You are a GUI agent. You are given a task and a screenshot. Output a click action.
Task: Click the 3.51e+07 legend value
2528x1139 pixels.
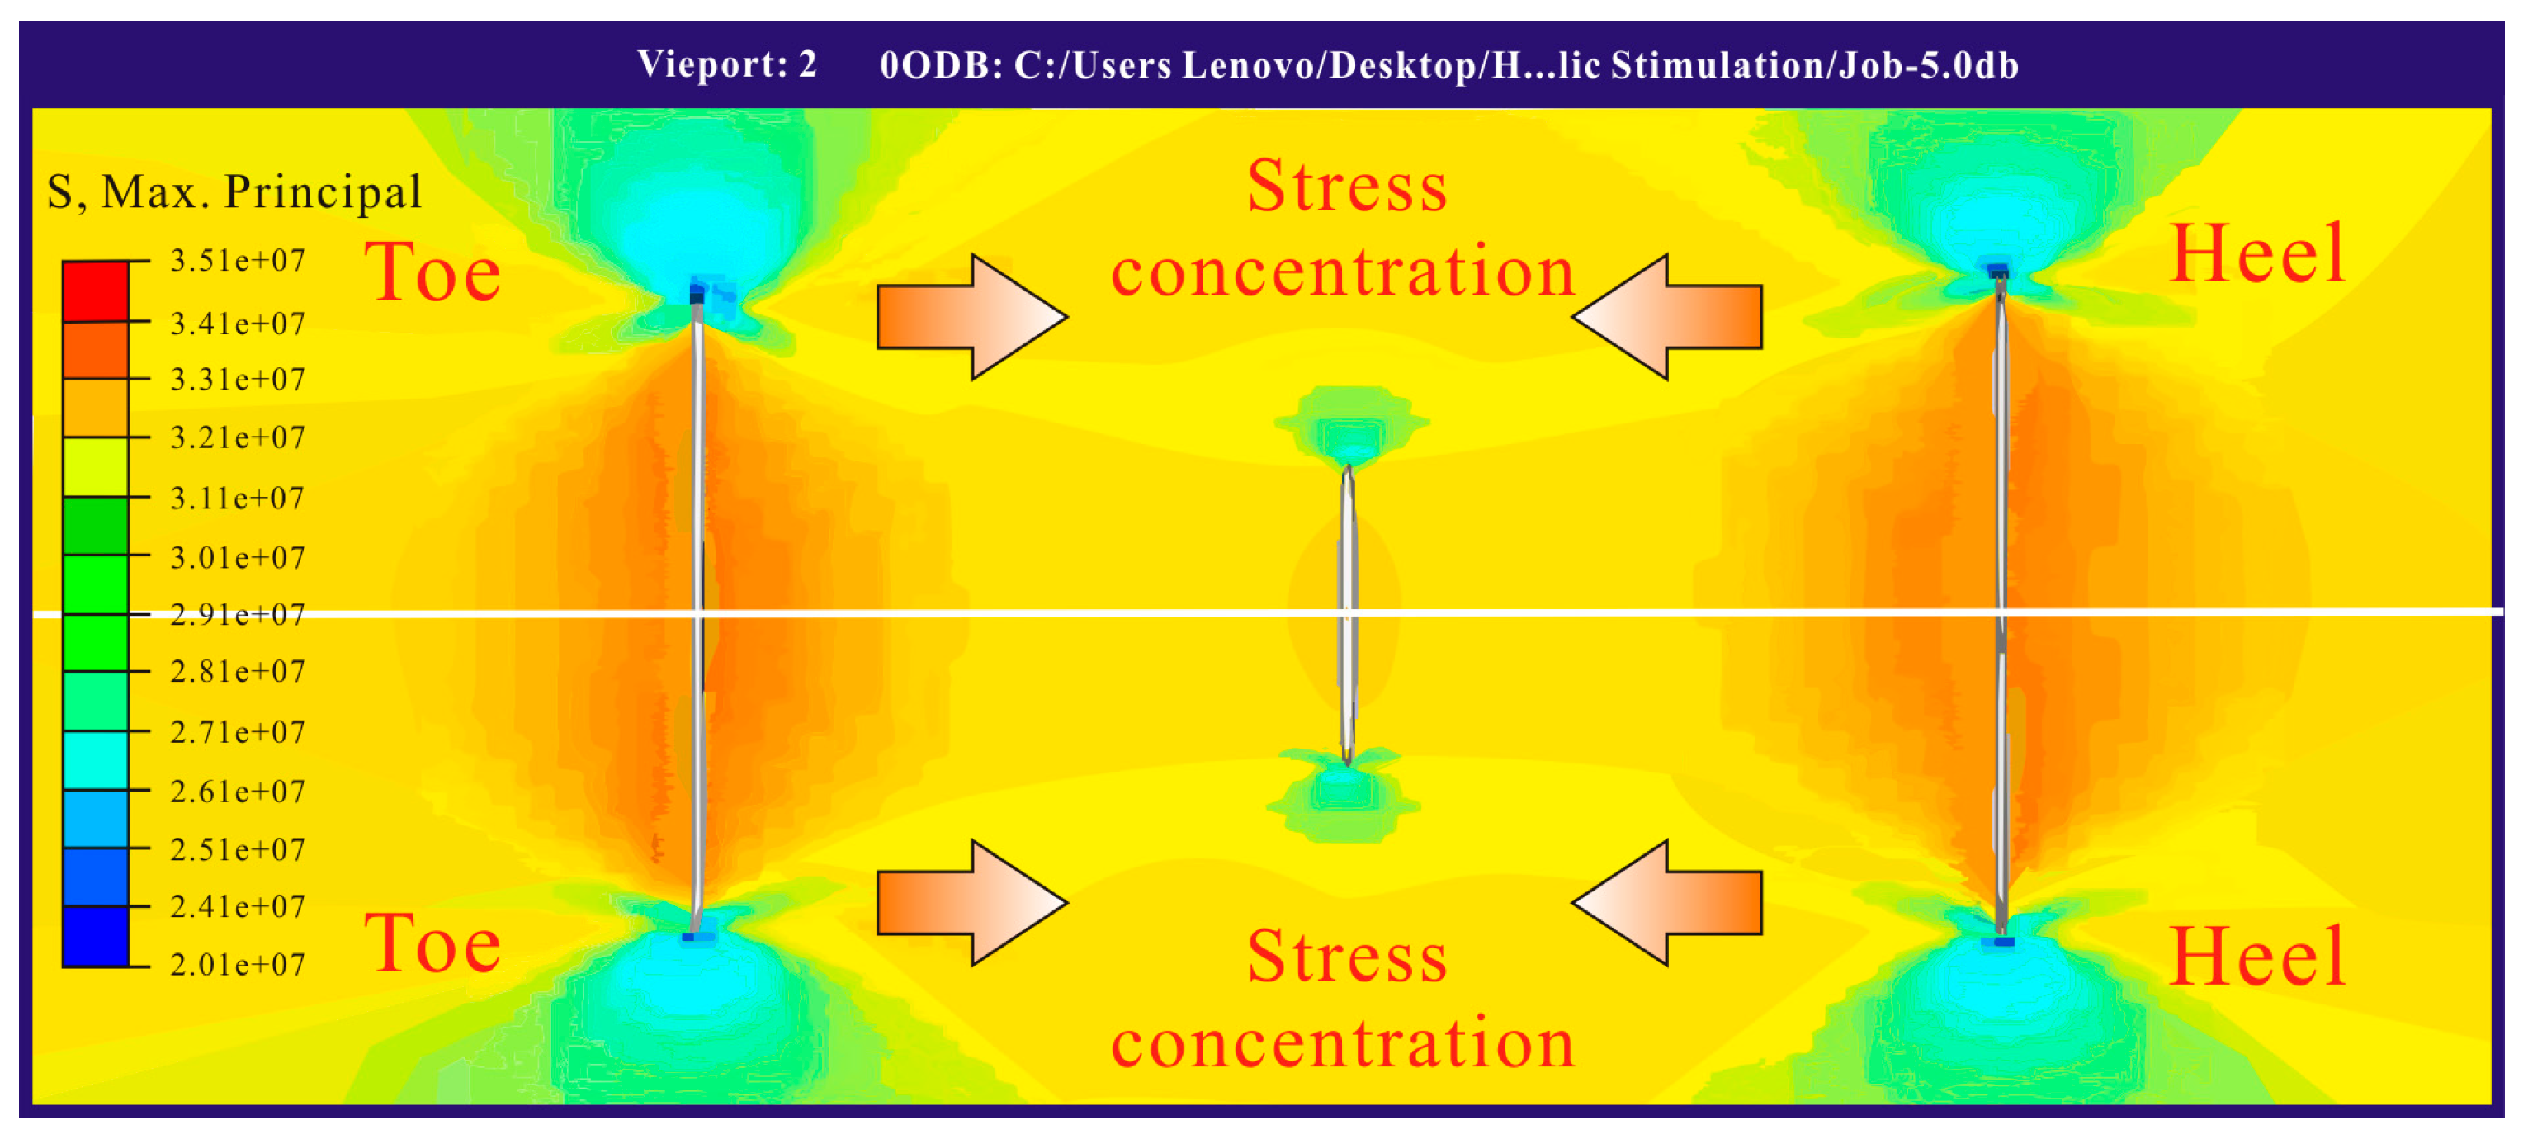(x=238, y=261)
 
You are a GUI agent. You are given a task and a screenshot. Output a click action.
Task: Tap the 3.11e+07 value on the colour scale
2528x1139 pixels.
(x=238, y=499)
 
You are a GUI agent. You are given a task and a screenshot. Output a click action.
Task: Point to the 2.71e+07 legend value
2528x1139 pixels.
(x=238, y=732)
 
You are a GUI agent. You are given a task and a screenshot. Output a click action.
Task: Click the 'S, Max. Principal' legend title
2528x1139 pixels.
(x=234, y=191)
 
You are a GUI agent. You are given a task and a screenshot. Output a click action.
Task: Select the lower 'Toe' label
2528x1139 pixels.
(x=432, y=943)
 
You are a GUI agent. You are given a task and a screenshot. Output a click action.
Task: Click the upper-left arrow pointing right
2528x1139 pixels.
(x=971, y=317)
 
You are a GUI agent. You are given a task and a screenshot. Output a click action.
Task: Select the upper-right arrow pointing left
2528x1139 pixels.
(x=1667, y=317)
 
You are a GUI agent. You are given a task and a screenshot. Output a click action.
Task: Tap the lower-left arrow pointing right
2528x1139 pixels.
(x=971, y=903)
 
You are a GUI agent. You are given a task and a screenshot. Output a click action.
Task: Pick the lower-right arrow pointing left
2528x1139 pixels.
(x=1667, y=903)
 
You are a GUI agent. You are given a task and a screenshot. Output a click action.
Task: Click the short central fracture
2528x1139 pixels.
(x=1349, y=614)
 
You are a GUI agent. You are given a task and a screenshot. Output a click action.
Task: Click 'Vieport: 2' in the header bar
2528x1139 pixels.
(x=727, y=64)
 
